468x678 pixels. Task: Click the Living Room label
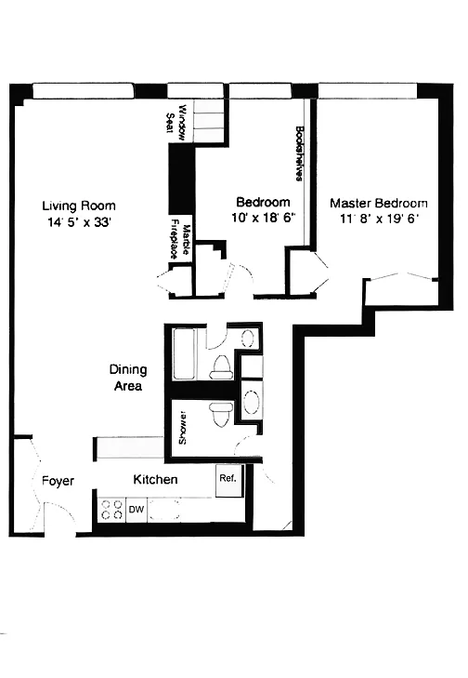tap(79, 206)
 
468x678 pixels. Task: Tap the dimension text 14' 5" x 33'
tap(80, 222)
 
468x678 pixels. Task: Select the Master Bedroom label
tap(379, 204)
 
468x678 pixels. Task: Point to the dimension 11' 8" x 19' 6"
tap(380, 219)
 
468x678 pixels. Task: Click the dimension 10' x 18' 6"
tap(263, 217)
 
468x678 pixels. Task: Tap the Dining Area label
tap(128, 378)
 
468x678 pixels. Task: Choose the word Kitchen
tap(155, 480)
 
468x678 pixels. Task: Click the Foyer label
tap(58, 481)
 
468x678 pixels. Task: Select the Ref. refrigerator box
tap(228, 481)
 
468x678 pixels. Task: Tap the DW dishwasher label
tap(136, 510)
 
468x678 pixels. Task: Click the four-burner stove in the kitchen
tap(111, 510)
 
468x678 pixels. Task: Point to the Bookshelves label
tap(298, 153)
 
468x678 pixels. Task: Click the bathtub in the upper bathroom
tap(185, 354)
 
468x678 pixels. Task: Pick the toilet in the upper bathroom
tap(222, 366)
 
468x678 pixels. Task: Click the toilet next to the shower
tap(221, 414)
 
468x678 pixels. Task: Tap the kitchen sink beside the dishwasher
tap(163, 510)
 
